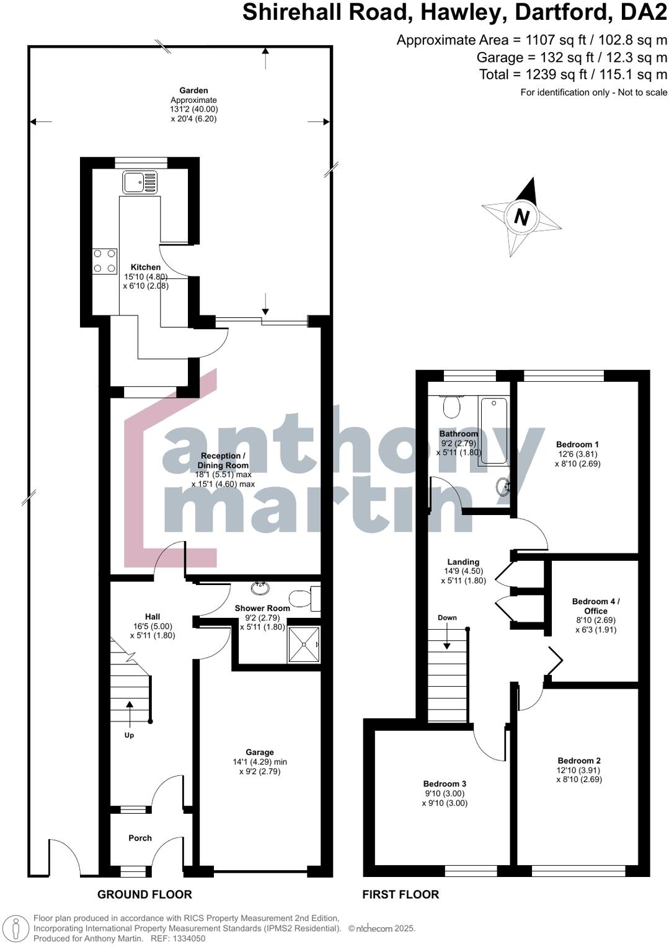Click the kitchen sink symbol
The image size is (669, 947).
click(x=140, y=182)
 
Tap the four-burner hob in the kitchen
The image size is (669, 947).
click(x=105, y=261)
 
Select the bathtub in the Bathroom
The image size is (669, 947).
click(x=494, y=431)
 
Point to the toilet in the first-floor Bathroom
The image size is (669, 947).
click(x=451, y=406)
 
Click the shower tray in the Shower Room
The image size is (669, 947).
click(x=304, y=645)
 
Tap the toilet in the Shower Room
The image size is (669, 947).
click(x=303, y=599)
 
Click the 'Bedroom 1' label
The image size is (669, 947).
click(x=577, y=444)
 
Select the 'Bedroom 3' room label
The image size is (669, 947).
click(x=445, y=784)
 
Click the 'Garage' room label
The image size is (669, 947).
click(x=259, y=752)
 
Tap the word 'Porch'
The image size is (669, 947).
click(x=140, y=838)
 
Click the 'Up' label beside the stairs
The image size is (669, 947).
click(x=129, y=735)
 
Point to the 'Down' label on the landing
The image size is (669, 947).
click(x=447, y=618)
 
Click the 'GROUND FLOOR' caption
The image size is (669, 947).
click(x=144, y=894)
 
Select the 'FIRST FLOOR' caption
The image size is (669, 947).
click(x=401, y=894)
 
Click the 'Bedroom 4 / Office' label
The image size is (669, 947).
click(x=595, y=606)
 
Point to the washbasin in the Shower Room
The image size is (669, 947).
click(x=260, y=588)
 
